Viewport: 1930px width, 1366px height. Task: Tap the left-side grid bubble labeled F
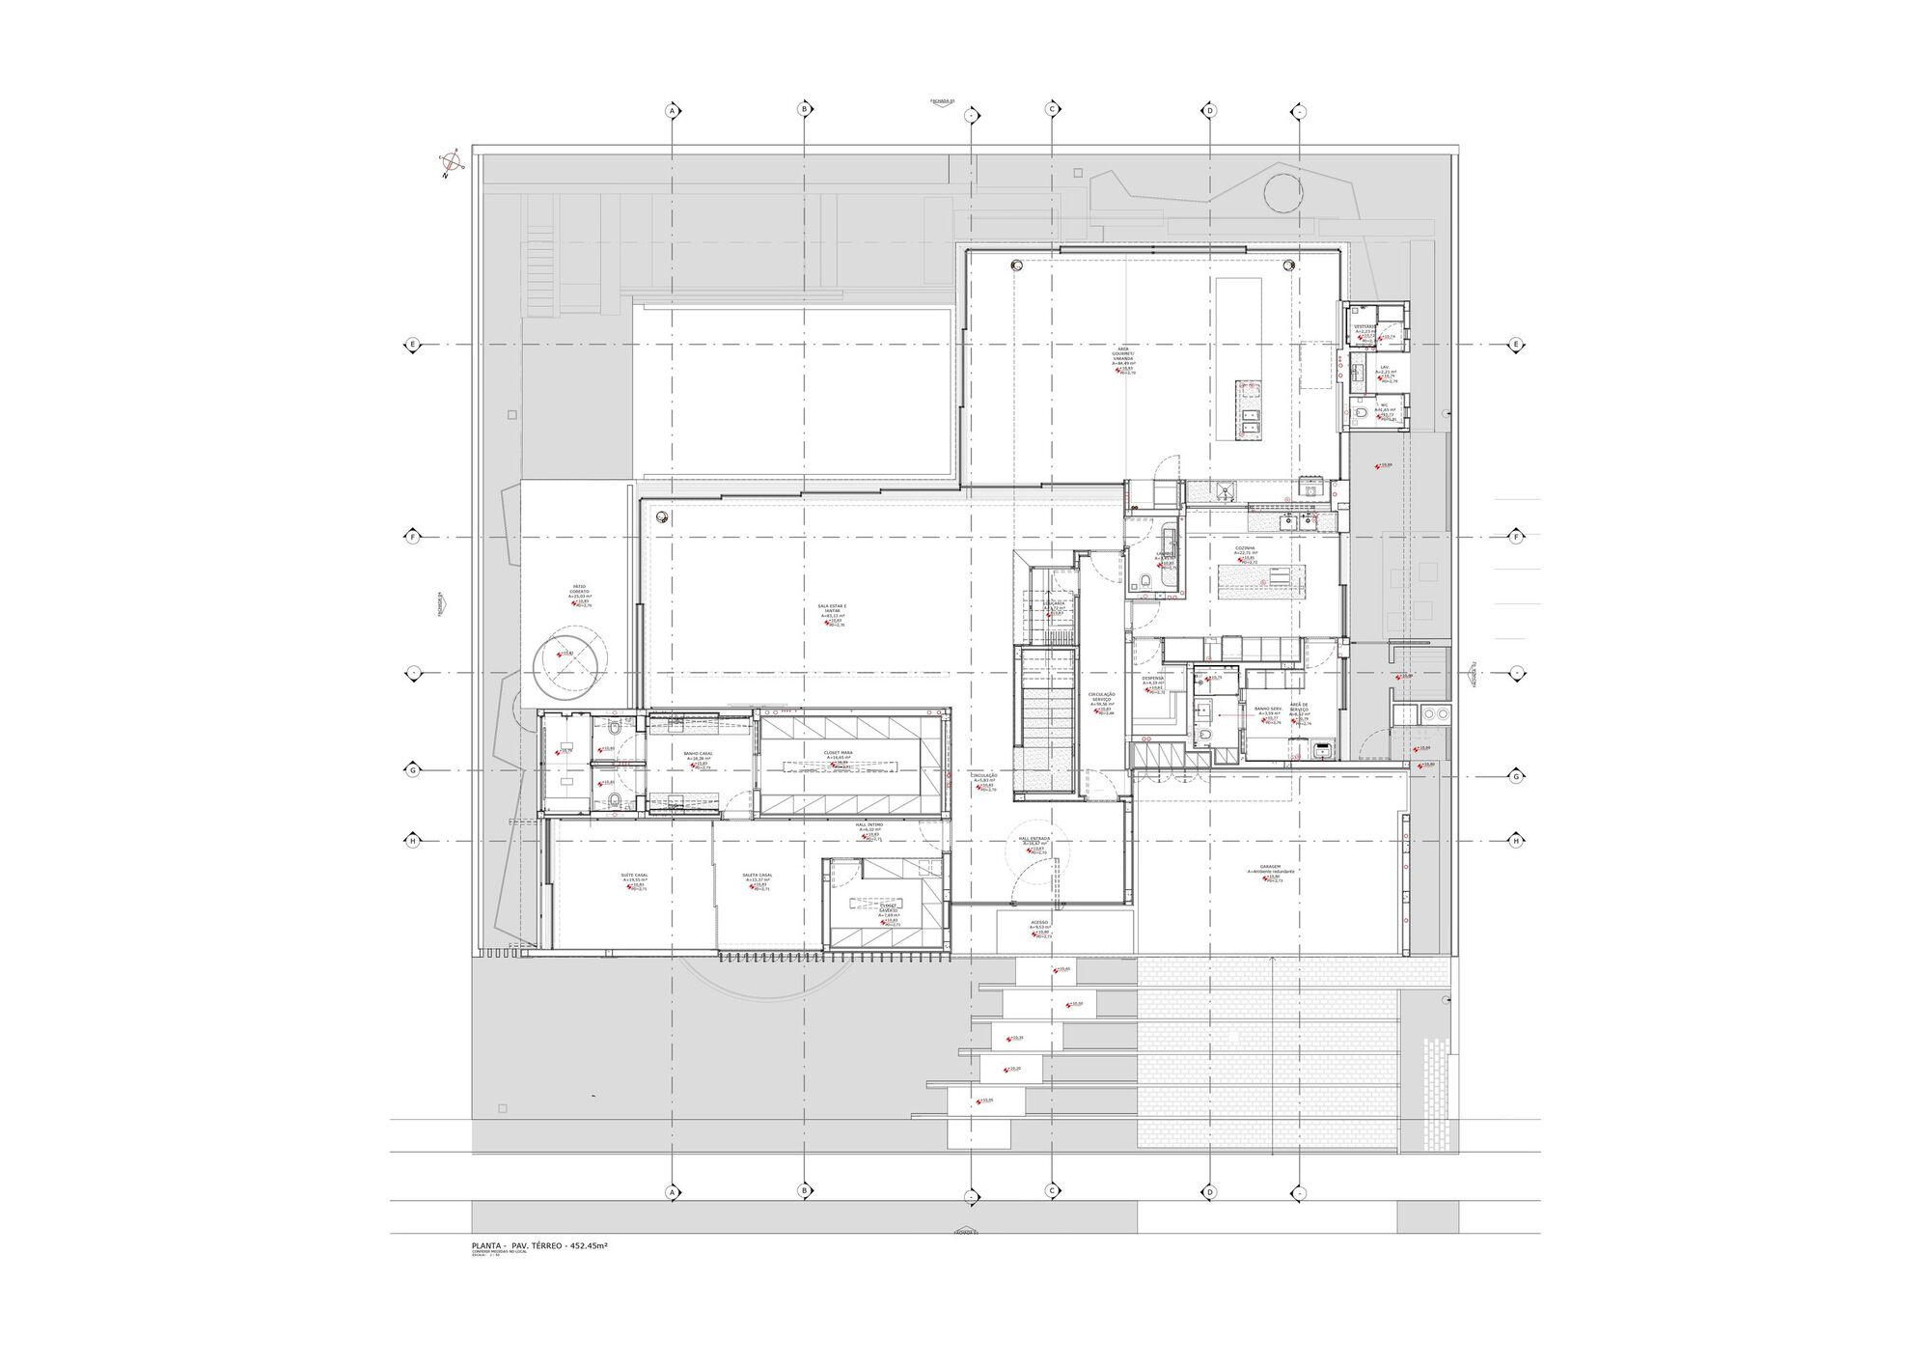click(x=413, y=537)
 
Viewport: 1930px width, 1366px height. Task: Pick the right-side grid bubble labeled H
click(x=1516, y=841)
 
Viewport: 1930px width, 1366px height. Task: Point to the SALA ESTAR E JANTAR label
click(x=831, y=608)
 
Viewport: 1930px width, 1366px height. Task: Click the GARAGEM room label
click(x=1270, y=868)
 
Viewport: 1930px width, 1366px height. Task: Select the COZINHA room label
click(x=1245, y=548)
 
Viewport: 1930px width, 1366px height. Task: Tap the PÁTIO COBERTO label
click(x=580, y=589)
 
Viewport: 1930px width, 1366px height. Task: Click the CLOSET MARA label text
click(x=838, y=752)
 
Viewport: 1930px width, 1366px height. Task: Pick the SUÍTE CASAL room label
click(x=634, y=876)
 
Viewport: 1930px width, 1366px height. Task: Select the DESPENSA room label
click(x=1152, y=678)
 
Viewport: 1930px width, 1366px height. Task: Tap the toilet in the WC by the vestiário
click(x=1361, y=412)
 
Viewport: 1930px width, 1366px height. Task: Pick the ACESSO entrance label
click(x=1039, y=922)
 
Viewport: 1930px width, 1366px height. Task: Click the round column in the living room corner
click(x=662, y=516)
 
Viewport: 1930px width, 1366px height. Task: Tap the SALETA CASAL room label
click(x=758, y=876)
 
